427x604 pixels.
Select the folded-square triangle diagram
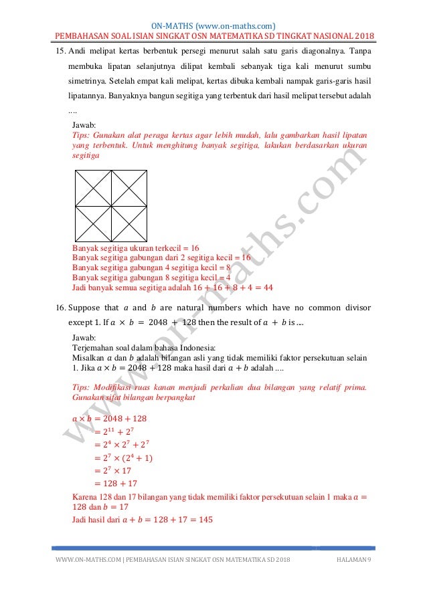(111, 205)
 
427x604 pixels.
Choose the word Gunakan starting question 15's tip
(112, 134)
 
